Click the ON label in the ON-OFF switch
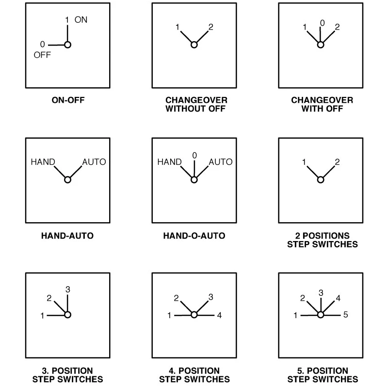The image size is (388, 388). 81,20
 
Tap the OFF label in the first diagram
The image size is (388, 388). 42,55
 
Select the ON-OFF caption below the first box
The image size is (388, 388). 68,100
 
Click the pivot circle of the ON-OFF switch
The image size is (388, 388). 67,45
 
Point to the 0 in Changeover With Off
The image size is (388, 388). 322,23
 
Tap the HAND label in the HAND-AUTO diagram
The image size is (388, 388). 43,162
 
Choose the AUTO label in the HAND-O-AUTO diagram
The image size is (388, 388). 221,162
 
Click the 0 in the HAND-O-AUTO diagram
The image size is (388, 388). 194,155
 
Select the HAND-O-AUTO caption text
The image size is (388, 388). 194,236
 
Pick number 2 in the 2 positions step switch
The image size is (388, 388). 337,162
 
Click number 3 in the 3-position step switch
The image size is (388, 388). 68,289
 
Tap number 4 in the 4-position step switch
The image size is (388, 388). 219,315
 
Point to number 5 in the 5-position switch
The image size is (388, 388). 346,314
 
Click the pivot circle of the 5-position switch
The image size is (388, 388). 321,315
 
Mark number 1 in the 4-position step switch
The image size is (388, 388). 169,315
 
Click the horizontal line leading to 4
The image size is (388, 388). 206,315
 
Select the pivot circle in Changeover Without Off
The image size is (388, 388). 194,45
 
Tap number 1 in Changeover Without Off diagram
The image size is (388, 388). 178,27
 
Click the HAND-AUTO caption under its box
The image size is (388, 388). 67,236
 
